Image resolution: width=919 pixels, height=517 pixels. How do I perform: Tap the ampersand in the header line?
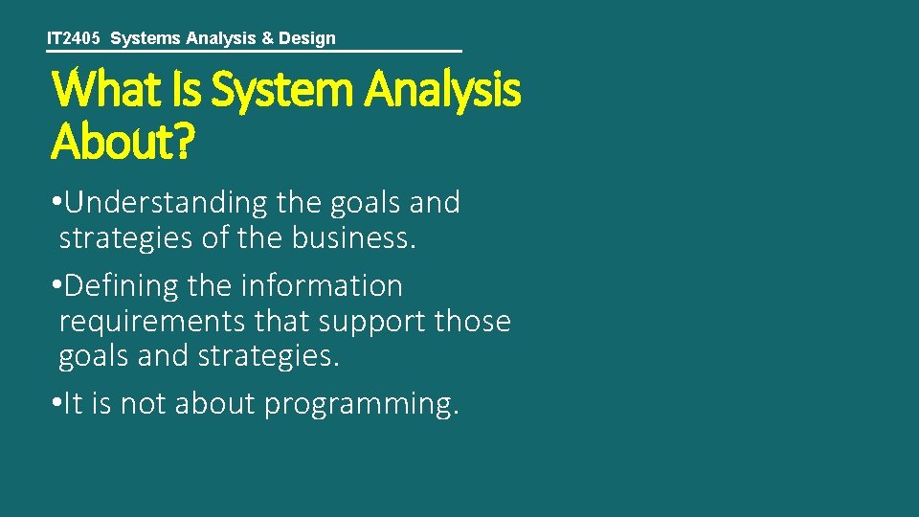[x=262, y=38]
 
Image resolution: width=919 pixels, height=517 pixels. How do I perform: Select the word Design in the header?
[x=306, y=38]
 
